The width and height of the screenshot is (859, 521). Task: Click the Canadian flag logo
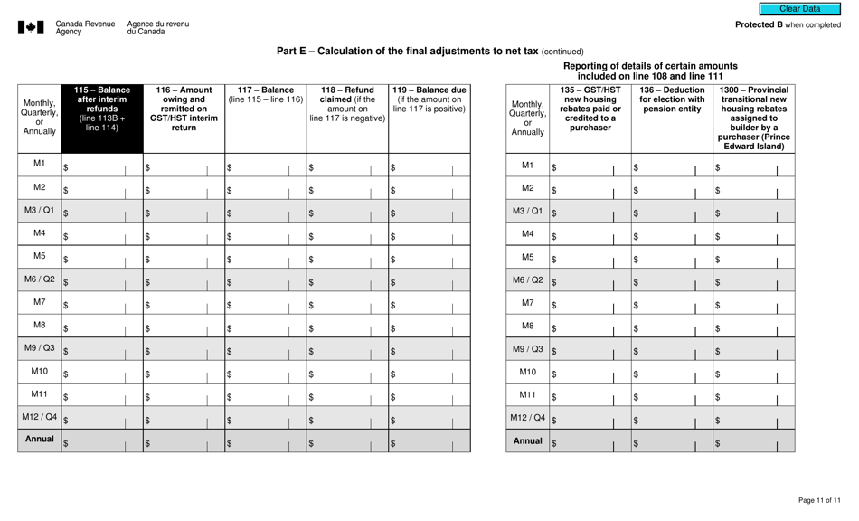30,28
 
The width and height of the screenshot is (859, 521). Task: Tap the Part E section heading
429,52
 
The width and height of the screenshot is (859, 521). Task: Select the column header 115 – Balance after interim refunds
101,109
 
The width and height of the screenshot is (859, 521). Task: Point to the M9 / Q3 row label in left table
38,346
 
